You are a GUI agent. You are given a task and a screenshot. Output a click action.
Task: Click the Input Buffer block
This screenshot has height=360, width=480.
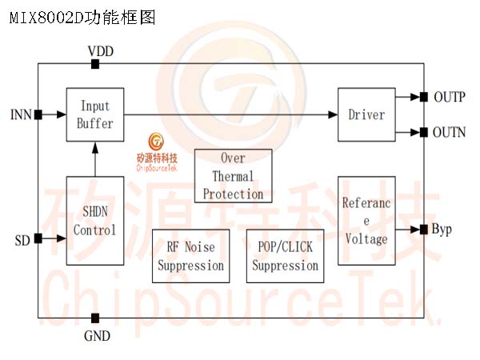[95, 114]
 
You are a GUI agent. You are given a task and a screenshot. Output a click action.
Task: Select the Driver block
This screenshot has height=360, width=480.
[366, 114]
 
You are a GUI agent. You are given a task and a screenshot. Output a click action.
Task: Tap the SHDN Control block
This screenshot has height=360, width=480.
[95, 221]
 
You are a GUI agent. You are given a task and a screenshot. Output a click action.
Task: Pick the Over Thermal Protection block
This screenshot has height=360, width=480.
[234, 176]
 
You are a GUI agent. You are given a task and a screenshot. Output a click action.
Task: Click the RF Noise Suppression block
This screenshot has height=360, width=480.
[191, 256]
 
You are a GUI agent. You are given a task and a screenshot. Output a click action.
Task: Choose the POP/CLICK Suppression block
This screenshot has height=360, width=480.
[286, 256]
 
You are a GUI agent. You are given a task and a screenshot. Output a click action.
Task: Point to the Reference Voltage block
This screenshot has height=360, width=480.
[366, 221]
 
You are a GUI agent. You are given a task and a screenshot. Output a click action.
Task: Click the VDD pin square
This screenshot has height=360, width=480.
[95, 64]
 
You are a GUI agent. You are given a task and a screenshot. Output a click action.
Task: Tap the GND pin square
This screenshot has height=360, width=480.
[95, 318]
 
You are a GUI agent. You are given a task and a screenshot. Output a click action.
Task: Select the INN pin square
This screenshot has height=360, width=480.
[38, 114]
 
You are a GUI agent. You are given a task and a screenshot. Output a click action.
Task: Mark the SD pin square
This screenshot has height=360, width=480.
[38, 238]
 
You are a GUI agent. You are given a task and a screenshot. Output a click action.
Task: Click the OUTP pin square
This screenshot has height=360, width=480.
[424, 97]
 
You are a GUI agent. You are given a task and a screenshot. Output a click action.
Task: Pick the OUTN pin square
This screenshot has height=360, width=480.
[424, 133]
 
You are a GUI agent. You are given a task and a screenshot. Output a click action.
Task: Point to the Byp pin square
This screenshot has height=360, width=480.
[424, 230]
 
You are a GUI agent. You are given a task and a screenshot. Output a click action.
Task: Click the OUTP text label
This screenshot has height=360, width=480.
[450, 97]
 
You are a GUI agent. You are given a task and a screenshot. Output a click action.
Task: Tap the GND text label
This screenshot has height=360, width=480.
[97, 336]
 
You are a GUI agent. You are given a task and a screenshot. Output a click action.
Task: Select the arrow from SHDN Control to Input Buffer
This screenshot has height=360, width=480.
[95, 159]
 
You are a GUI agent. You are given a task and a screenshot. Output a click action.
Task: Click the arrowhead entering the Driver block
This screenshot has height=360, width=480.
[333, 114]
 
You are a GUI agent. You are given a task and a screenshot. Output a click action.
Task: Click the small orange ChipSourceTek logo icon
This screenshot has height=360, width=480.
[156, 142]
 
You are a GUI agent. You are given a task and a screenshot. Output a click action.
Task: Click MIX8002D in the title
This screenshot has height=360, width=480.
[46, 18]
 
